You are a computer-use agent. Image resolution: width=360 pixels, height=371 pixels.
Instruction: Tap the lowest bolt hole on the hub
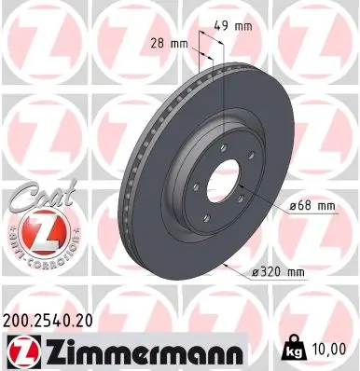point(213,211)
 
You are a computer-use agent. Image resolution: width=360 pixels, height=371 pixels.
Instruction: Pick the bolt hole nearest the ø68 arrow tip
point(240,193)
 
